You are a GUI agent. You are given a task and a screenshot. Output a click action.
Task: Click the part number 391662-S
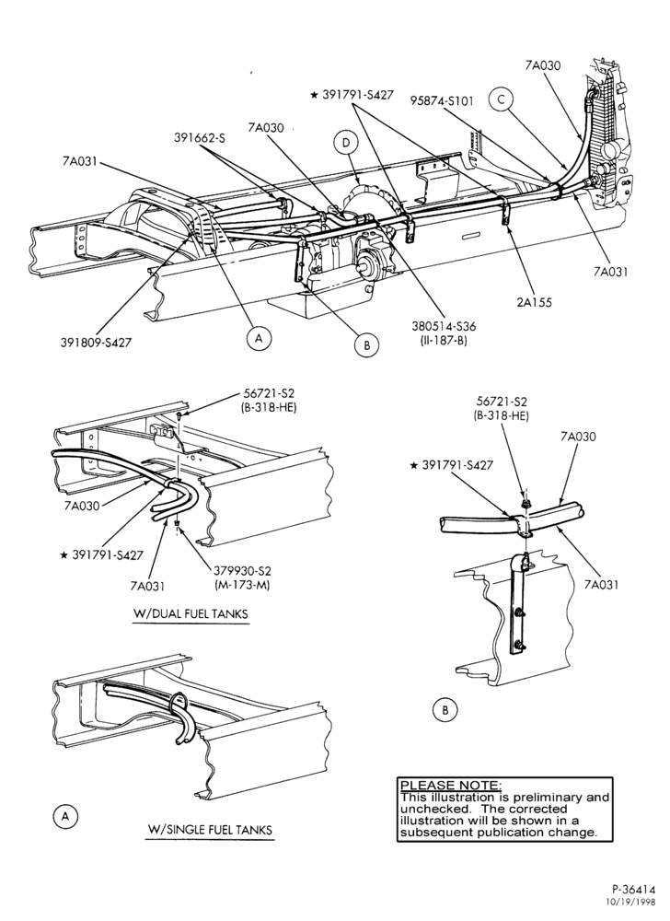(x=200, y=138)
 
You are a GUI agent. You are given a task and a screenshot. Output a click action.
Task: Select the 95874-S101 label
(x=442, y=101)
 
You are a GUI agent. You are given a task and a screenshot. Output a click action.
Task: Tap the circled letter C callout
(x=501, y=99)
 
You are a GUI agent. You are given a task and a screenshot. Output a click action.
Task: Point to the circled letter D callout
(x=346, y=143)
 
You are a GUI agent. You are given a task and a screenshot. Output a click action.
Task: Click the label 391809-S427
(x=97, y=343)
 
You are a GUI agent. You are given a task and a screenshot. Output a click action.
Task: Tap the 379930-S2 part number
(x=242, y=572)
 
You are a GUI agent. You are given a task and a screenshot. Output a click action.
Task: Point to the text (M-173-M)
(x=242, y=585)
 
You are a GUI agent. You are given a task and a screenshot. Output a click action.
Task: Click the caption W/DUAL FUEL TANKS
(x=191, y=614)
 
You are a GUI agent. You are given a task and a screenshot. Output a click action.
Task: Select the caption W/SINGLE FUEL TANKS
(x=210, y=830)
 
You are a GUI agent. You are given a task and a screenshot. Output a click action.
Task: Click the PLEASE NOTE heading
(x=450, y=786)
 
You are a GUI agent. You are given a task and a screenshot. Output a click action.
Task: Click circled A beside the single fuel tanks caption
(x=65, y=816)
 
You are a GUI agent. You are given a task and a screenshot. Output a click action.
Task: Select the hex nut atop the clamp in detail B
(x=526, y=504)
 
